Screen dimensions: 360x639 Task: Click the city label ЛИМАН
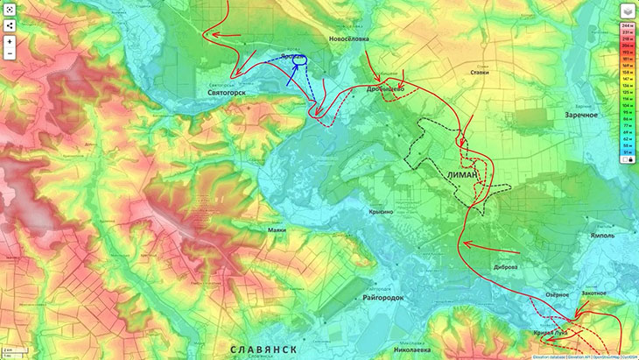click(x=461, y=174)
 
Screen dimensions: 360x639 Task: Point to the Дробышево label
click(x=384, y=88)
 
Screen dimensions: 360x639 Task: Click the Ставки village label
click(x=479, y=73)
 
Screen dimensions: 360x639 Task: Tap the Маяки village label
click(x=277, y=229)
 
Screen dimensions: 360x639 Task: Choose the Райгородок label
click(x=382, y=298)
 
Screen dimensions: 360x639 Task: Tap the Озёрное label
click(x=557, y=295)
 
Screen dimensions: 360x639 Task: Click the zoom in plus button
click(x=10, y=42)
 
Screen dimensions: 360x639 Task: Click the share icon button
click(x=10, y=25)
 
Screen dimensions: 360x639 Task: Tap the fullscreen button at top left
click(x=10, y=9)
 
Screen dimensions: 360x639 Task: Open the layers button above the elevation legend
click(x=628, y=11)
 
